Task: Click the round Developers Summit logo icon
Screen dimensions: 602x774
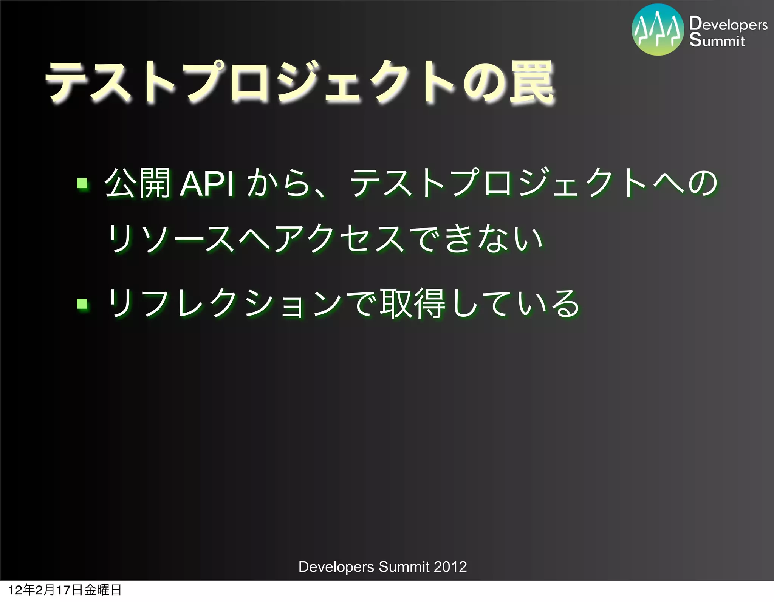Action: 658,30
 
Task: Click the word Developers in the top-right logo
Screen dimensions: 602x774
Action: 728,24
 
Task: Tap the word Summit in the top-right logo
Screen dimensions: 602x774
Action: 717,40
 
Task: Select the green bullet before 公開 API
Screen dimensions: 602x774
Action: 82,184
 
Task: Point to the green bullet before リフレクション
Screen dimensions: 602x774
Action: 82,303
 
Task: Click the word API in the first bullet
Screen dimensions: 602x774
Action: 207,185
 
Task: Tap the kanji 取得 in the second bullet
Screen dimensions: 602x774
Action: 413,303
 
